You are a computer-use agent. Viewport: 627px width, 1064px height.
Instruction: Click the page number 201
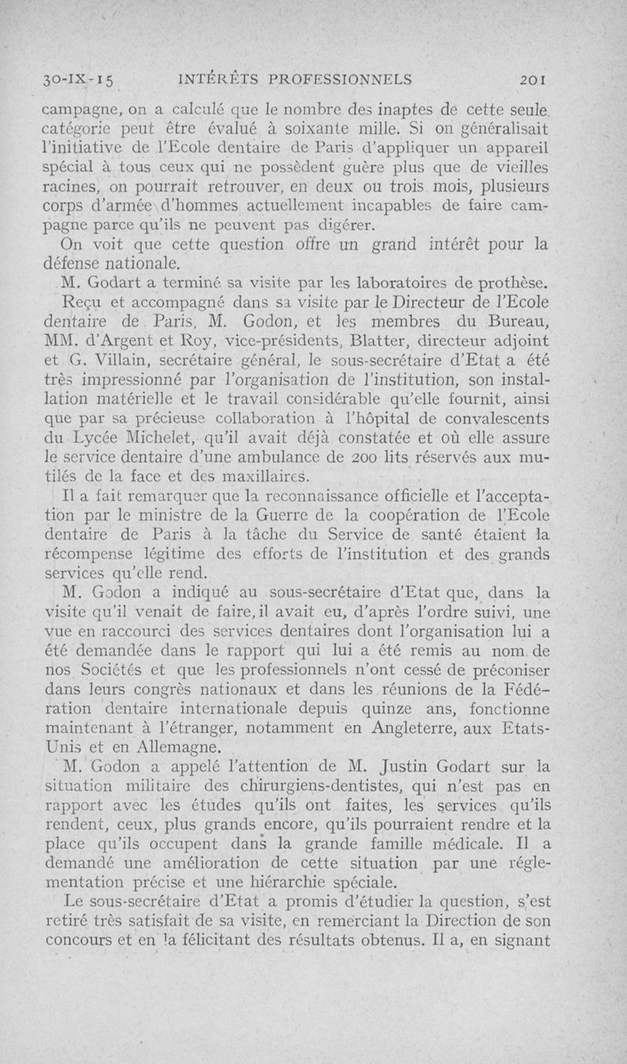point(538,78)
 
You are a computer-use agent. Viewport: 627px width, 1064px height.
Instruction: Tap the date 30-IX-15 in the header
point(79,79)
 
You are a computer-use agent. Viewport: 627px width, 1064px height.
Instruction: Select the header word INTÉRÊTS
point(216,78)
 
